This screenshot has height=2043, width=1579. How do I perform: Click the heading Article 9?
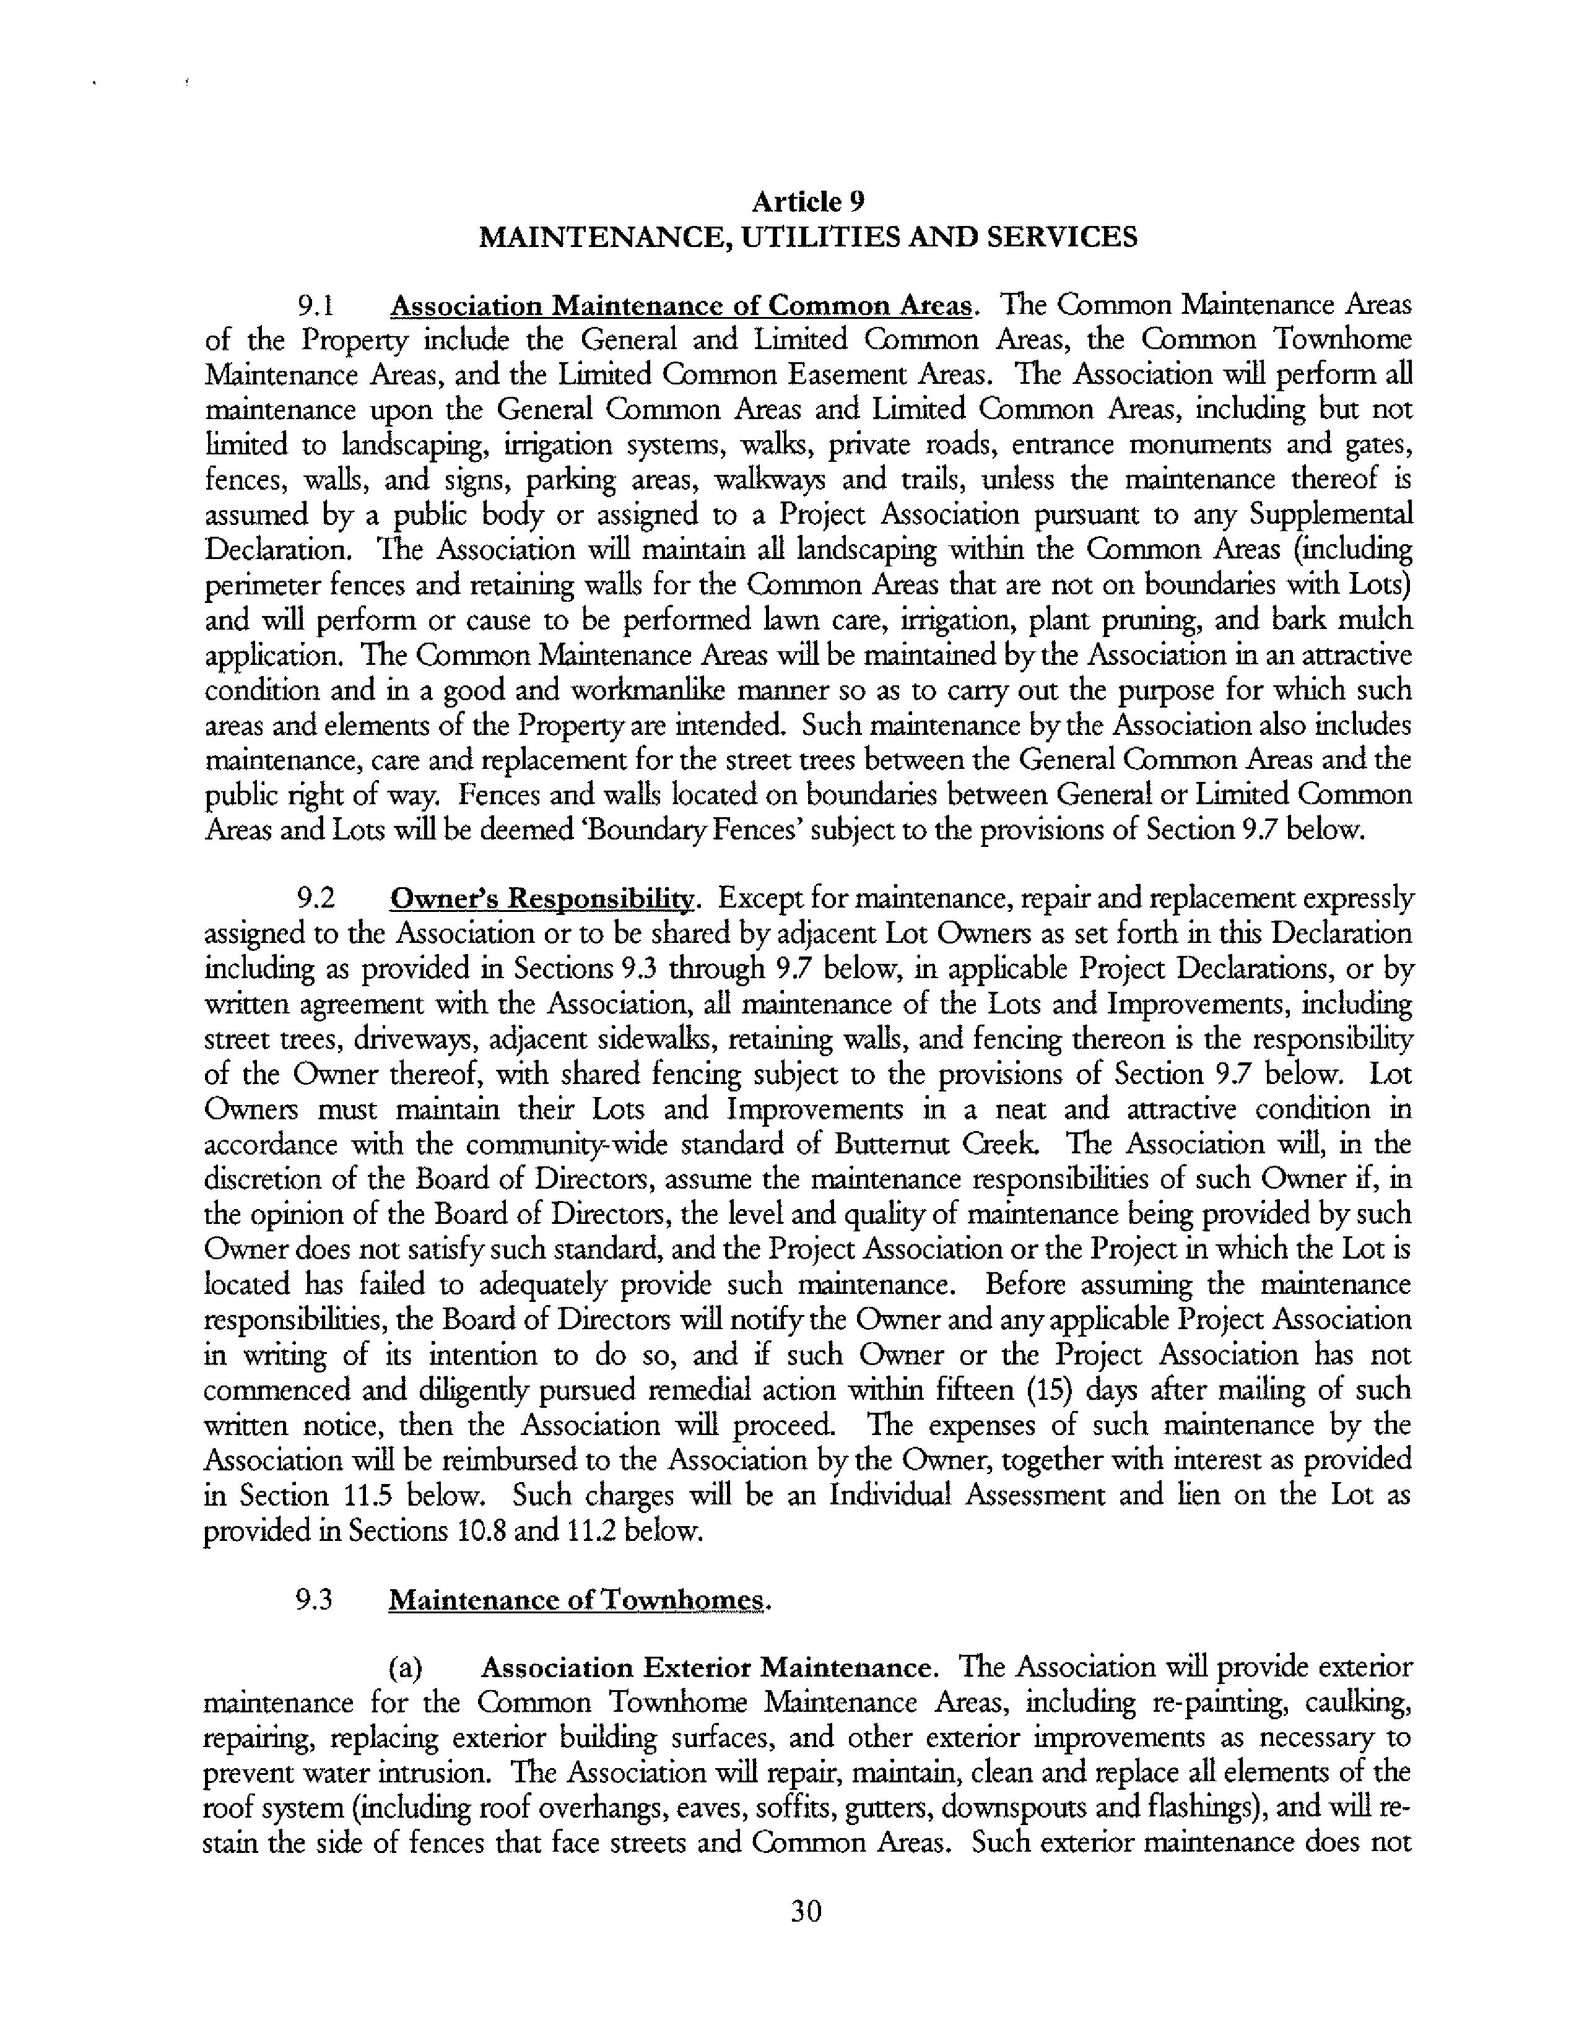808,202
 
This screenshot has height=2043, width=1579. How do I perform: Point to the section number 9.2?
315,899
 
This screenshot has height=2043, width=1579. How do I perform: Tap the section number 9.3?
315,1600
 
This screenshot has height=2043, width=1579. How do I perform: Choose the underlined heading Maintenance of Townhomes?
576,1600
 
